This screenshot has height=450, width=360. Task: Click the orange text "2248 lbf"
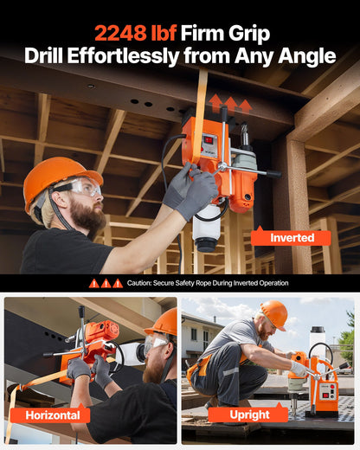137,34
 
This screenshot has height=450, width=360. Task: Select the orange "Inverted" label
292,237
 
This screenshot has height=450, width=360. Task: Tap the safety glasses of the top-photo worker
79,188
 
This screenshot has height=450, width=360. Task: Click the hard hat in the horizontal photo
164,322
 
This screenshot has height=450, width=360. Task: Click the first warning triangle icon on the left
93,283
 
